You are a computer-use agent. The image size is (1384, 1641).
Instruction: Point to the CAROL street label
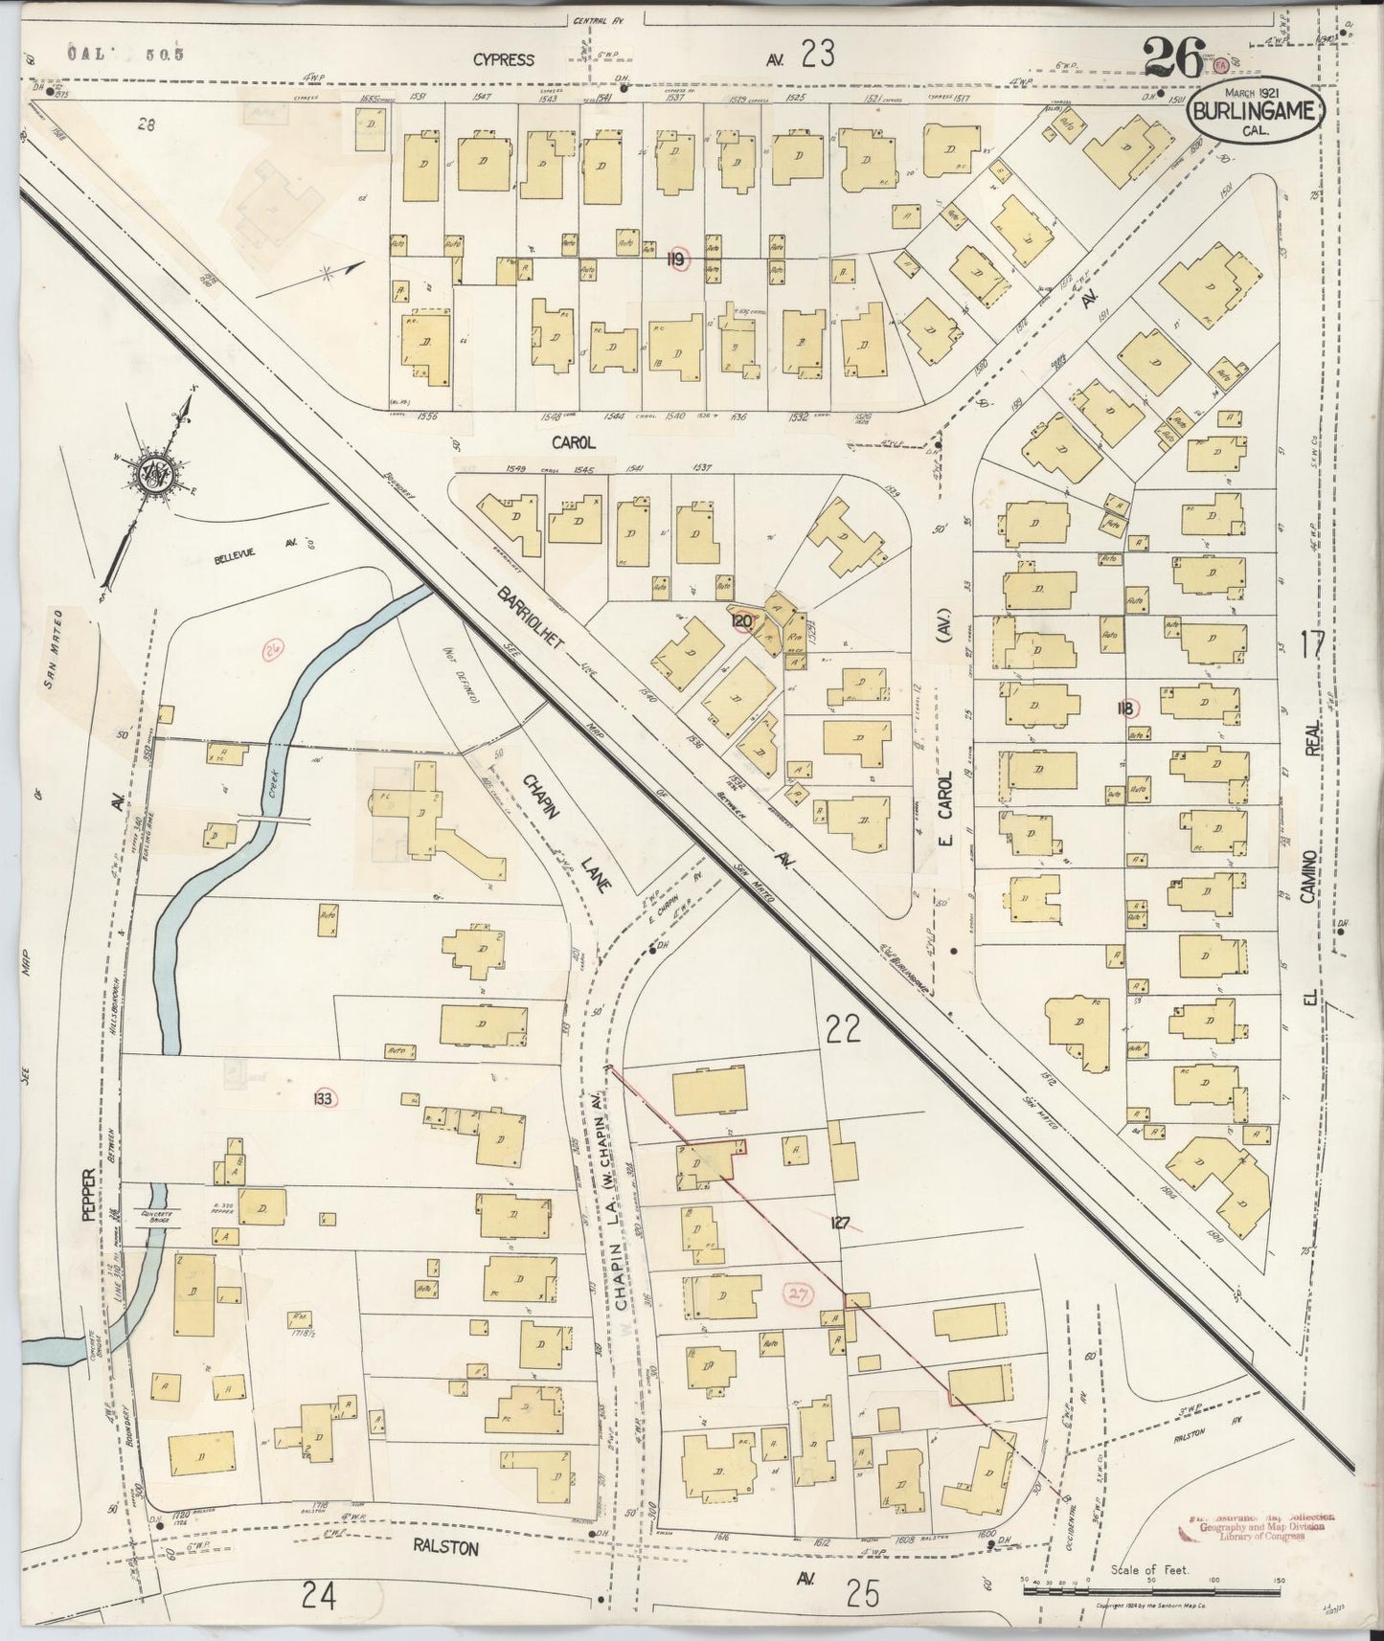click(x=574, y=442)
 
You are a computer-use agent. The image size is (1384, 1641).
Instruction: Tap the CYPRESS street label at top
click(x=503, y=59)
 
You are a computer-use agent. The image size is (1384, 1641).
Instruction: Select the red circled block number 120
click(x=741, y=621)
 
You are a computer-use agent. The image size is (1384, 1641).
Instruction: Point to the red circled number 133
click(x=322, y=1099)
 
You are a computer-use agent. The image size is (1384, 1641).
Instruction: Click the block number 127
click(x=840, y=1222)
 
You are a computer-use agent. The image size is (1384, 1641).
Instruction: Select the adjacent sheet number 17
click(x=1312, y=644)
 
